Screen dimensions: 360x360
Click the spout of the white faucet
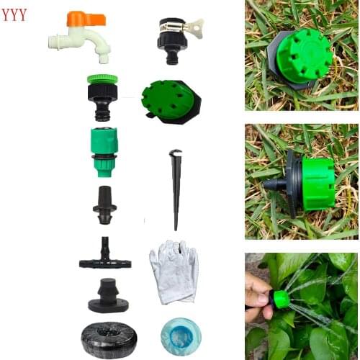tap(103, 52)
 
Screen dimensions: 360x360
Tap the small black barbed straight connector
tap(105, 204)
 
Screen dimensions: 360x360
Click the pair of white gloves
tap(173, 269)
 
